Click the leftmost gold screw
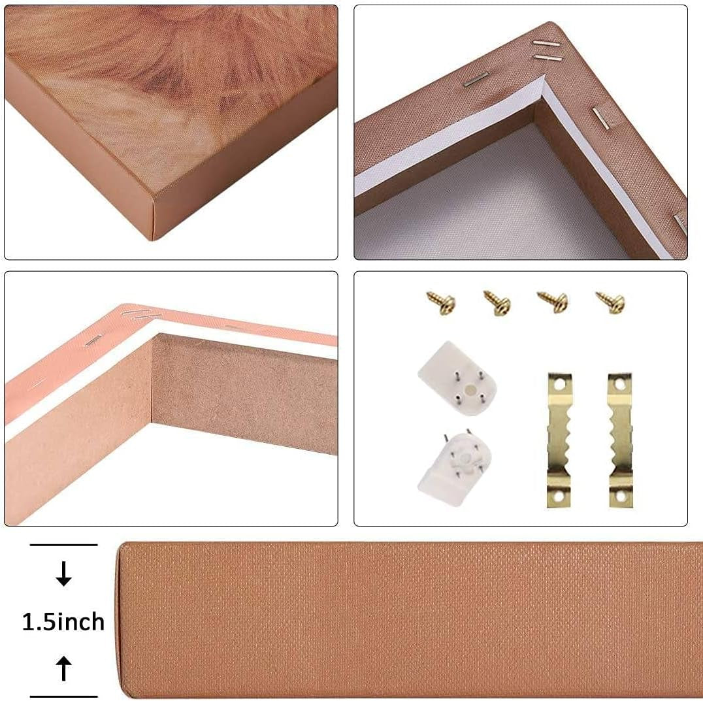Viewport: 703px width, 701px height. pos(442,303)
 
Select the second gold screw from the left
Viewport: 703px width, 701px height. pos(497,302)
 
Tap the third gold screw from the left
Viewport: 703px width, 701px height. pos(553,302)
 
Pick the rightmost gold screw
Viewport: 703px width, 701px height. pos(611,302)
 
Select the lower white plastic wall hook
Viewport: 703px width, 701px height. pos(454,468)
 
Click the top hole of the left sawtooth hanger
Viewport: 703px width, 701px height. pos(558,384)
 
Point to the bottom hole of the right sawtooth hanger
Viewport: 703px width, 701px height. pos(621,497)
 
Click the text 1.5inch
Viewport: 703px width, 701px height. pos(63,622)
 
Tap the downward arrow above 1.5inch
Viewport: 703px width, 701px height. pos(63,574)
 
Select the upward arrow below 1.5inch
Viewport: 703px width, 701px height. pos(63,669)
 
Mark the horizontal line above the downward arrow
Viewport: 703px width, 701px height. pos(63,545)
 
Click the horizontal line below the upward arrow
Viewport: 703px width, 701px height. pos(63,696)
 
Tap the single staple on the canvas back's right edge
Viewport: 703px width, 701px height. pos(601,118)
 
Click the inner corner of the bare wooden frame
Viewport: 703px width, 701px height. pos(152,422)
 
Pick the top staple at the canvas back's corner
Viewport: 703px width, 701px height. pos(547,44)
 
